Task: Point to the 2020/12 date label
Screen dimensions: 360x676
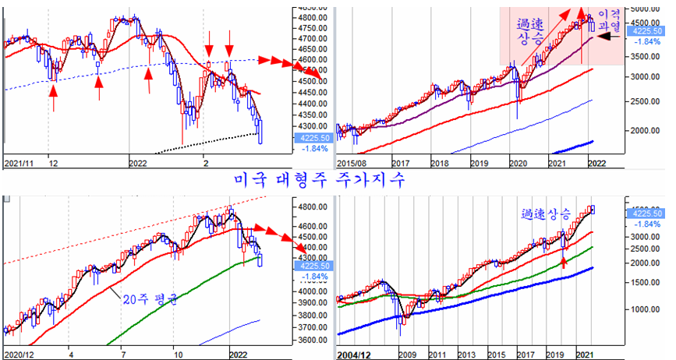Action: click(19, 354)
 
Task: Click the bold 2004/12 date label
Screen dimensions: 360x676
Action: click(354, 355)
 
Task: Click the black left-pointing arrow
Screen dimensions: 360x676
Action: click(609, 36)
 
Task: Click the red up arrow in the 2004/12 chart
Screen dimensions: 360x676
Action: click(564, 263)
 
